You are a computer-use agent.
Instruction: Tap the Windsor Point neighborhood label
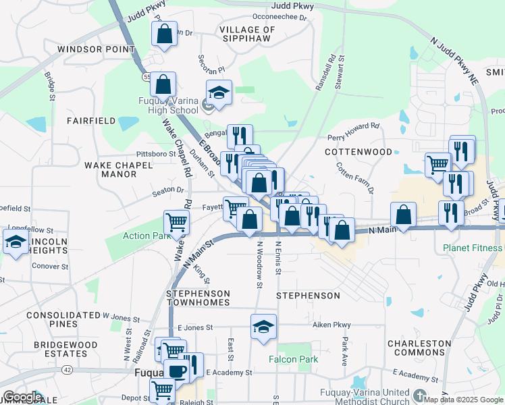click(x=97, y=49)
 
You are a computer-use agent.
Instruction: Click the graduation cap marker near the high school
click(x=219, y=93)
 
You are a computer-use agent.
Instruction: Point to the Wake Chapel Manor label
click(x=110, y=169)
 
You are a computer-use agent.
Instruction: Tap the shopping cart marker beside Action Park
click(x=176, y=221)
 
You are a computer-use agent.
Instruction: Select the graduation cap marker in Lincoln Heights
click(x=16, y=241)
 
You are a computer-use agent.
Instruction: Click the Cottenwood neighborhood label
click(x=358, y=152)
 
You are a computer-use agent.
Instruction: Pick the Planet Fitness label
click(x=473, y=248)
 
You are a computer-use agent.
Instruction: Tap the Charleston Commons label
click(x=419, y=348)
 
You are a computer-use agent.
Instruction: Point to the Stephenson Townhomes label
click(x=198, y=298)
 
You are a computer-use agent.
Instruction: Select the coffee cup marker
click(x=177, y=371)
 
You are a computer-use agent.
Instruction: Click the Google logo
click(x=22, y=397)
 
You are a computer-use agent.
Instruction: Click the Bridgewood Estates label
click(x=61, y=349)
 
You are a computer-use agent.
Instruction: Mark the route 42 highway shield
click(x=67, y=370)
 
